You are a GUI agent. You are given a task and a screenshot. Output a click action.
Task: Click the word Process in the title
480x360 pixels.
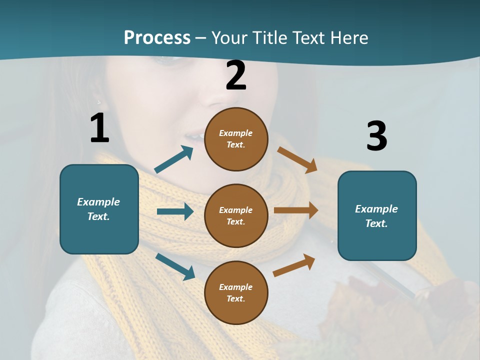pyautogui.click(x=157, y=38)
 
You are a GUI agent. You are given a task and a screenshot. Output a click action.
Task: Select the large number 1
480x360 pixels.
pyautogui.click(x=99, y=127)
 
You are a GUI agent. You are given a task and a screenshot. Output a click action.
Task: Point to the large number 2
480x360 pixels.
pyautogui.click(x=236, y=75)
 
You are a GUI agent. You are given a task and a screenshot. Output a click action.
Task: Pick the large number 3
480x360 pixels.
pyautogui.click(x=376, y=136)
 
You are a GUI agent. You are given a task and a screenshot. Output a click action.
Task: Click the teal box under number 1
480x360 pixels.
pyautogui.click(x=99, y=209)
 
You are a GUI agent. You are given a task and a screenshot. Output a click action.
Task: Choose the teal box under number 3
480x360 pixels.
pyautogui.click(x=377, y=215)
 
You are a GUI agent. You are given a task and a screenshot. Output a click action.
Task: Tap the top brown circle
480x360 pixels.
pyautogui.click(x=236, y=139)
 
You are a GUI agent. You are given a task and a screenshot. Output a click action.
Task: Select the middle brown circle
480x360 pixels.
pyautogui.click(x=236, y=215)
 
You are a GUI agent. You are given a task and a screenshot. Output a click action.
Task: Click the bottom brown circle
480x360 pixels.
pyautogui.click(x=236, y=292)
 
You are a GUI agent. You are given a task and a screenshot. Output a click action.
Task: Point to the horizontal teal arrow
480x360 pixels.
pyautogui.click(x=175, y=211)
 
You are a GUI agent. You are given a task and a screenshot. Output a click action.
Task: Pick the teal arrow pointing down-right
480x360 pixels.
pyautogui.click(x=175, y=266)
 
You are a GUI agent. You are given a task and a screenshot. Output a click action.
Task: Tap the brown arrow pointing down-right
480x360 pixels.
pyautogui.click(x=297, y=159)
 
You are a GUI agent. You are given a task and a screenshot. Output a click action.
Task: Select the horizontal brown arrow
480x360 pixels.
pyautogui.click(x=296, y=210)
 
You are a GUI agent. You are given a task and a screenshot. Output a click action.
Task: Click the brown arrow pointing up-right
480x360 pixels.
pyautogui.click(x=294, y=265)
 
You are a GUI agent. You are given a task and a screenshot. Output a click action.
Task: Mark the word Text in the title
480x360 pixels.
pyautogui.click(x=307, y=38)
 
